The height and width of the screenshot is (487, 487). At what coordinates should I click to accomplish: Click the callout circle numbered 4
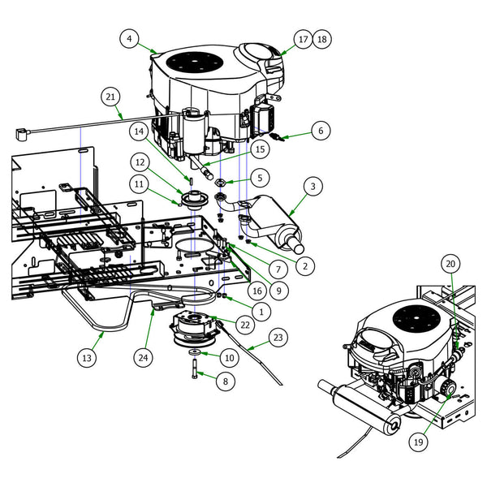(130, 37)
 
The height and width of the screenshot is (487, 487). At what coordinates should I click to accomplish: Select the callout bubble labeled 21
(111, 96)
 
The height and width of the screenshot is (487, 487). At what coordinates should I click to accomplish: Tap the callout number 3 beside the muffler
(312, 186)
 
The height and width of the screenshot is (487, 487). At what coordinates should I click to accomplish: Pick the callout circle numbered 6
(320, 130)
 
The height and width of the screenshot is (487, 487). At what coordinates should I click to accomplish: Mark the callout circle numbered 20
(450, 264)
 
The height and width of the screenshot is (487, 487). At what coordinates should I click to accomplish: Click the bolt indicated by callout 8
(196, 369)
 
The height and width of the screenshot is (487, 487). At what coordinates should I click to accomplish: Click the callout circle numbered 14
(140, 130)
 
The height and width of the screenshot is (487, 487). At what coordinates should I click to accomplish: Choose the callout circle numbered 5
(260, 176)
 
